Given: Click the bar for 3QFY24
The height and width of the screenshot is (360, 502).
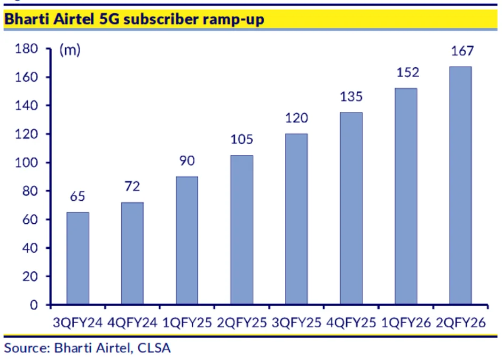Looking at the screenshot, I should click(77, 259).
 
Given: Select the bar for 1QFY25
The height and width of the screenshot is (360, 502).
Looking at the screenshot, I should click(187, 240).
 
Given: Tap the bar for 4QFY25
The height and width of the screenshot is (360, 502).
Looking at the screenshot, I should click(351, 208).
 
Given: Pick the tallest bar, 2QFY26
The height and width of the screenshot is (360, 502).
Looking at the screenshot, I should click(460, 185).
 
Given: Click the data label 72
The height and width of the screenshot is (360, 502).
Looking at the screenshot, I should click(132, 187).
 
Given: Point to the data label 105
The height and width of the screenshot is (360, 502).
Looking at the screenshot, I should click(241, 140).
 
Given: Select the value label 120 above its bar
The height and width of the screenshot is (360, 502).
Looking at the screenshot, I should click(296, 118).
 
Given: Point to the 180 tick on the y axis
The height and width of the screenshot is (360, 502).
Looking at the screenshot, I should click(27, 49).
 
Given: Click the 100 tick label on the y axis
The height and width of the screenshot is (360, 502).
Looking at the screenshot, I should click(27, 163).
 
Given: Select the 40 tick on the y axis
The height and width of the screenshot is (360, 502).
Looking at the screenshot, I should click(30, 248).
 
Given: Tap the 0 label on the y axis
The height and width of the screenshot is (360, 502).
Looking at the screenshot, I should click(35, 305).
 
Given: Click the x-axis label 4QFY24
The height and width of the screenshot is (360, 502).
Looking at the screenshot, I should click(132, 323).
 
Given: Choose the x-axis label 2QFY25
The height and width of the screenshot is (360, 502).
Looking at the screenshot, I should click(241, 323).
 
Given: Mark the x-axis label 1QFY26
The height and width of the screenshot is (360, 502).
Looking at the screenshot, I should click(405, 323).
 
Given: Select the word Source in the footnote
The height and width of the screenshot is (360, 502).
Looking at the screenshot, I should click(25, 348).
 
